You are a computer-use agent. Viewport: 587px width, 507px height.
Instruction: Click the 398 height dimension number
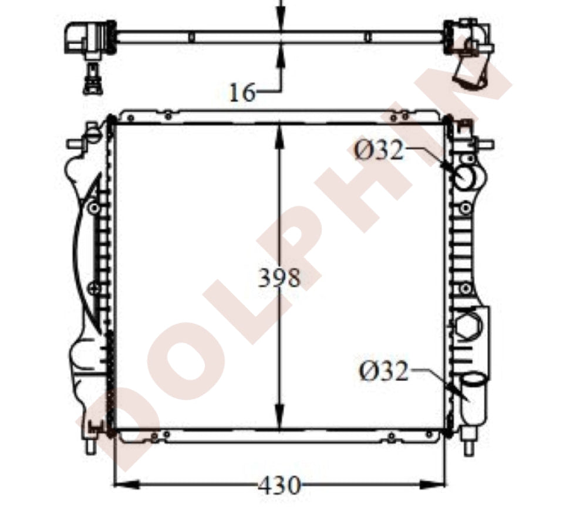point(279,278)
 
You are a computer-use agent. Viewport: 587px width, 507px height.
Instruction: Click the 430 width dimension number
point(279,485)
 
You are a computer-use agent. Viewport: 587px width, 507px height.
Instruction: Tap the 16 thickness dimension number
point(242,92)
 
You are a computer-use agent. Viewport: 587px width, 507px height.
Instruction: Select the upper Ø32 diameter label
point(379,150)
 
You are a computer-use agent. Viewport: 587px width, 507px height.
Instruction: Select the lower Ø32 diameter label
point(383,371)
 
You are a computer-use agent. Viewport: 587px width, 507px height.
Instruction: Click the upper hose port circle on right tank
point(465,176)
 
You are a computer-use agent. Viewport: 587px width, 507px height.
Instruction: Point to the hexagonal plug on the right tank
point(467,325)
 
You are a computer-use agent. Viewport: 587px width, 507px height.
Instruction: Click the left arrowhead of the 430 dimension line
point(126,484)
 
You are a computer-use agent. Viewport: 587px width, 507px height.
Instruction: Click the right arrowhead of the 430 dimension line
point(433,484)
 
